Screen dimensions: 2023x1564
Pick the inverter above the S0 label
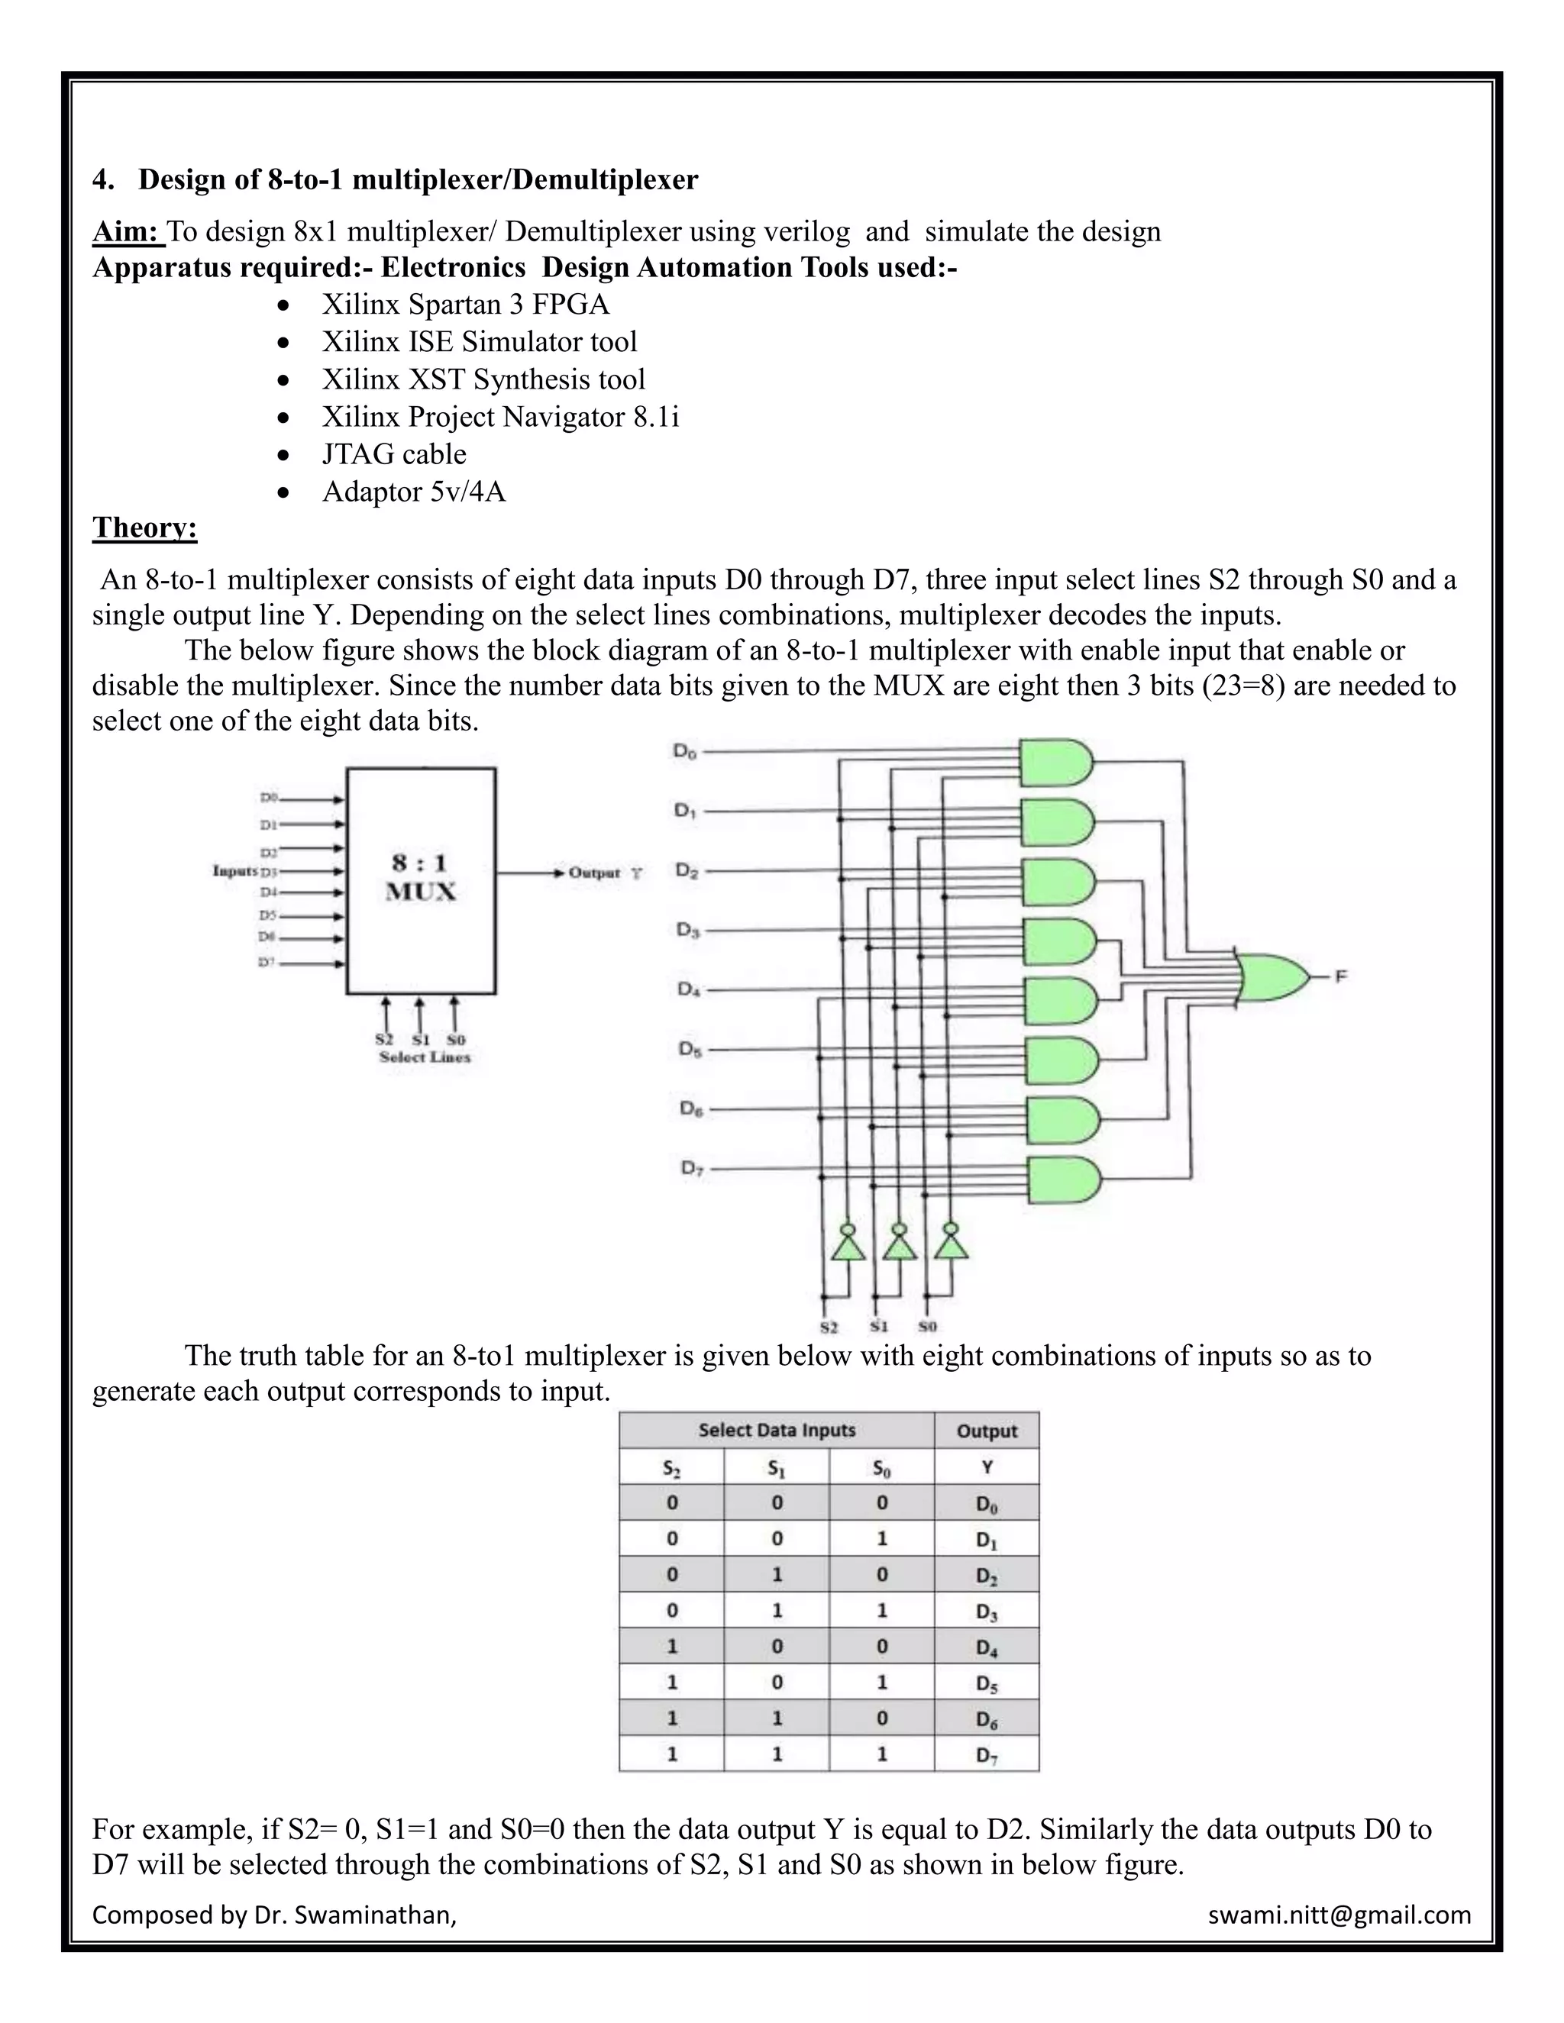(x=951, y=1242)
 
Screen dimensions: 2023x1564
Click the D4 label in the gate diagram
(x=688, y=989)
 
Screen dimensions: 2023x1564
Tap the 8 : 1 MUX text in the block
(x=421, y=877)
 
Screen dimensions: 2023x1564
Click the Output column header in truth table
(x=986, y=1431)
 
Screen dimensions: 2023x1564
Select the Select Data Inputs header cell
(x=777, y=1430)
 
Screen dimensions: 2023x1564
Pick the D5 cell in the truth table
(x=986, y=1684)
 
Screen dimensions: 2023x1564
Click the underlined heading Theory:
(x=144, y=528)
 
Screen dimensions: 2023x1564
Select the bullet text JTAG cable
(x=394, y=454)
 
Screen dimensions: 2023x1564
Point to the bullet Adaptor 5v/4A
(x=413, y=491)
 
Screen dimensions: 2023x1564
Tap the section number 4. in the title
(x=103, y=179)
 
